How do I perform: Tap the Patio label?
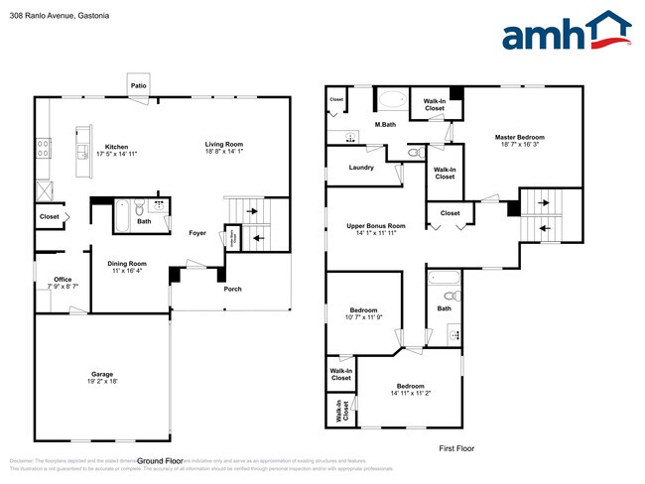pos(139,86)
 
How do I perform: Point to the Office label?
pos(63,279)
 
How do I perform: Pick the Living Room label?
pos(223,144)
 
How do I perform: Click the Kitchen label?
pos(117,147)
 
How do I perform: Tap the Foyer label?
pos(197,232)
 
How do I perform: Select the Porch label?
pos(231,289)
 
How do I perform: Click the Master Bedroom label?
pos(520,137)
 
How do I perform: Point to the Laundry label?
pos(361,167)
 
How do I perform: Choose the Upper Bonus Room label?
pos(376,226)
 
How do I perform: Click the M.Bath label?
pos(387,124)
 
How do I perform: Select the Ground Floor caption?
pos(160,460)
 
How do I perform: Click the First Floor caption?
pos(456,448)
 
